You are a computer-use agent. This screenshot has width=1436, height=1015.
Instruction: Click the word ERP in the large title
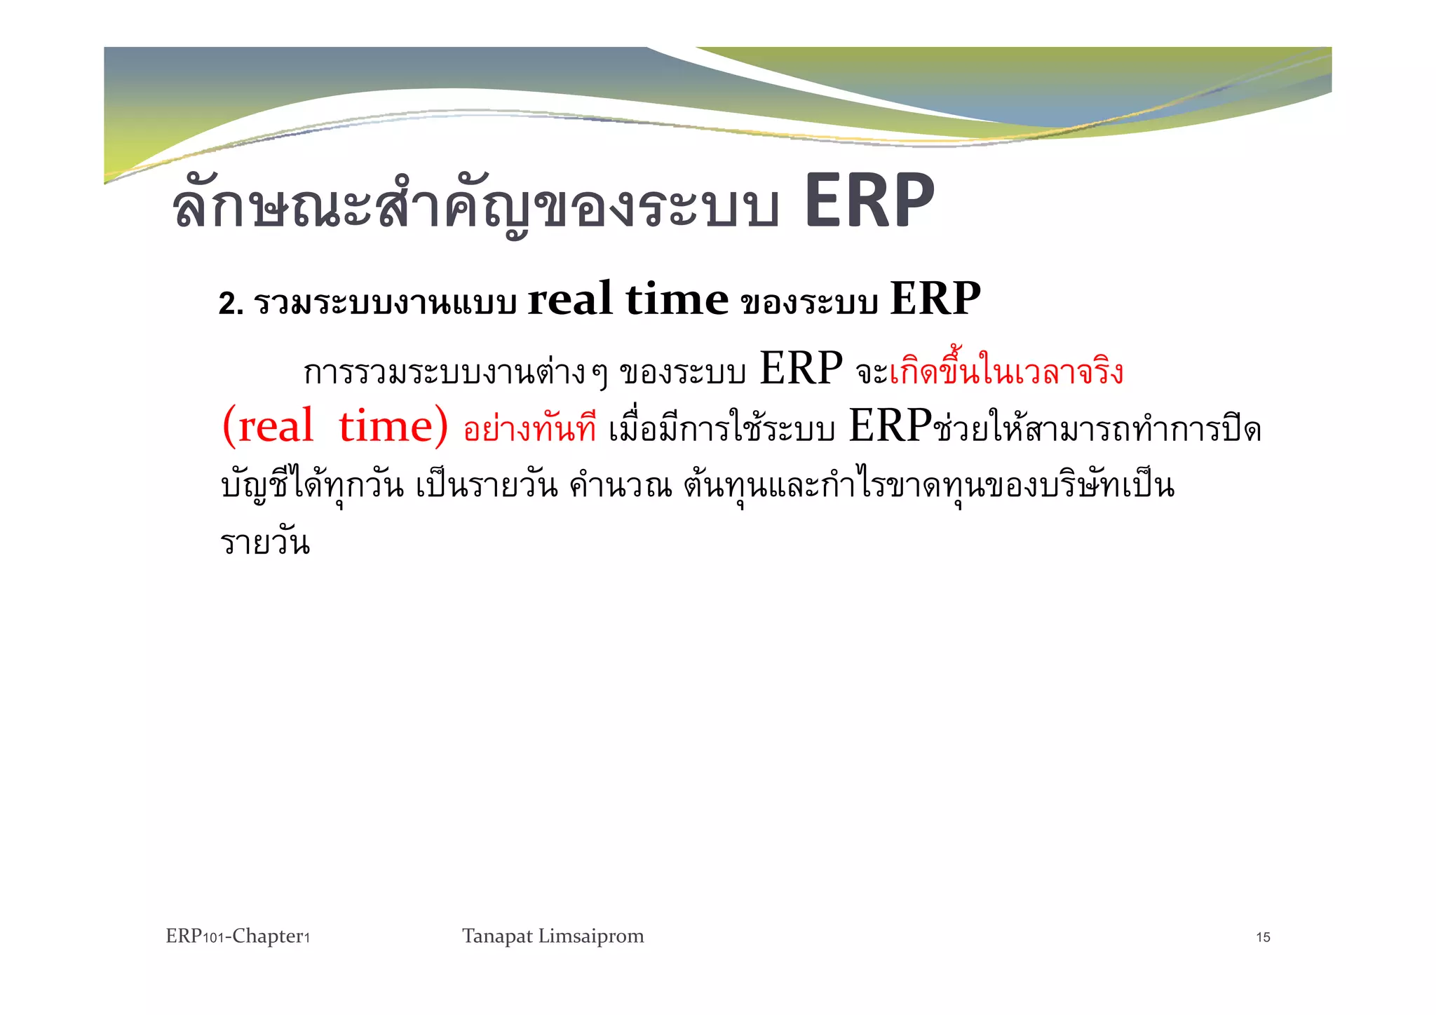(x=869, y=203)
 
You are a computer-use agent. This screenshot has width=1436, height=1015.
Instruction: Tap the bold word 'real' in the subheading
(x=569, y=299)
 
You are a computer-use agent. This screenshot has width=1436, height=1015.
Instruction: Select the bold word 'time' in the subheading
(x=677, y=299)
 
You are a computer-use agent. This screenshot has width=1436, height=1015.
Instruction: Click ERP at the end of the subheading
(x=935, y=299)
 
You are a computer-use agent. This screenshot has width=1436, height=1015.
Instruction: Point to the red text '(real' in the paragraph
(x=267, y=426)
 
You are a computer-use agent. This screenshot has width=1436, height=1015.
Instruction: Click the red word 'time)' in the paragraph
(x=393, y=426)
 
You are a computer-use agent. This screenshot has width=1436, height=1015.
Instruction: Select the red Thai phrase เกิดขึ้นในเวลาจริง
(x=1005, y=372)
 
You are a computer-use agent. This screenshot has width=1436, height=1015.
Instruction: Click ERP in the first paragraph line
(x=801, y=369)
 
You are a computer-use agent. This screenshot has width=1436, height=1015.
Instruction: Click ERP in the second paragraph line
(x=890, y=426)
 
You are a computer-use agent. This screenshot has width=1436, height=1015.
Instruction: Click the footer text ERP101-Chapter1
(x=238, y=936)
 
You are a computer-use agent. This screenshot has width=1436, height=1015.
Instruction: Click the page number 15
(x=1263, y=938)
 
